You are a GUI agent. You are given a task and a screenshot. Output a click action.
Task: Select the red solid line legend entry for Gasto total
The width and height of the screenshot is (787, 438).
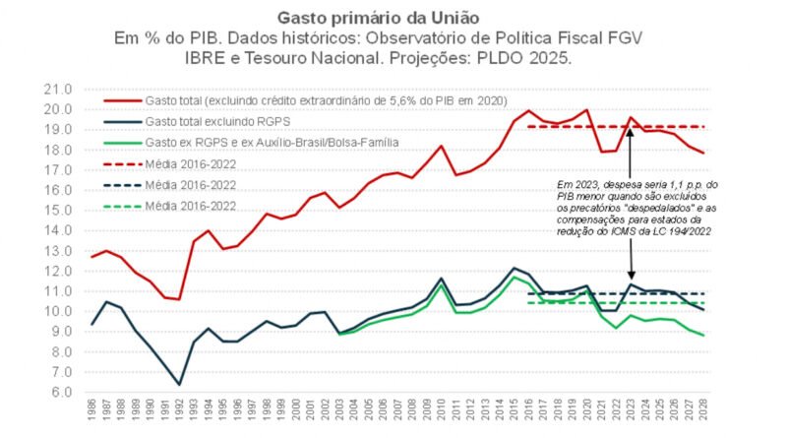pos(295,101)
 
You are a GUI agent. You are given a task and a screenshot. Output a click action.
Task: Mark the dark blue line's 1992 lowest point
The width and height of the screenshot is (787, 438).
pos(179,384)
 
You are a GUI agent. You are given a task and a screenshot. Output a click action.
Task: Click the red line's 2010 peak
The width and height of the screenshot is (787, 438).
pos(442,146)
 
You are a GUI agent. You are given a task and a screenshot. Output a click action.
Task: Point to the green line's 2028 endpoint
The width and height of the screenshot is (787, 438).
pos(702,336)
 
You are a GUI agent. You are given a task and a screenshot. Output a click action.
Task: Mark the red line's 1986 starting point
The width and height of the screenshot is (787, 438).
pos(92,257)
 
